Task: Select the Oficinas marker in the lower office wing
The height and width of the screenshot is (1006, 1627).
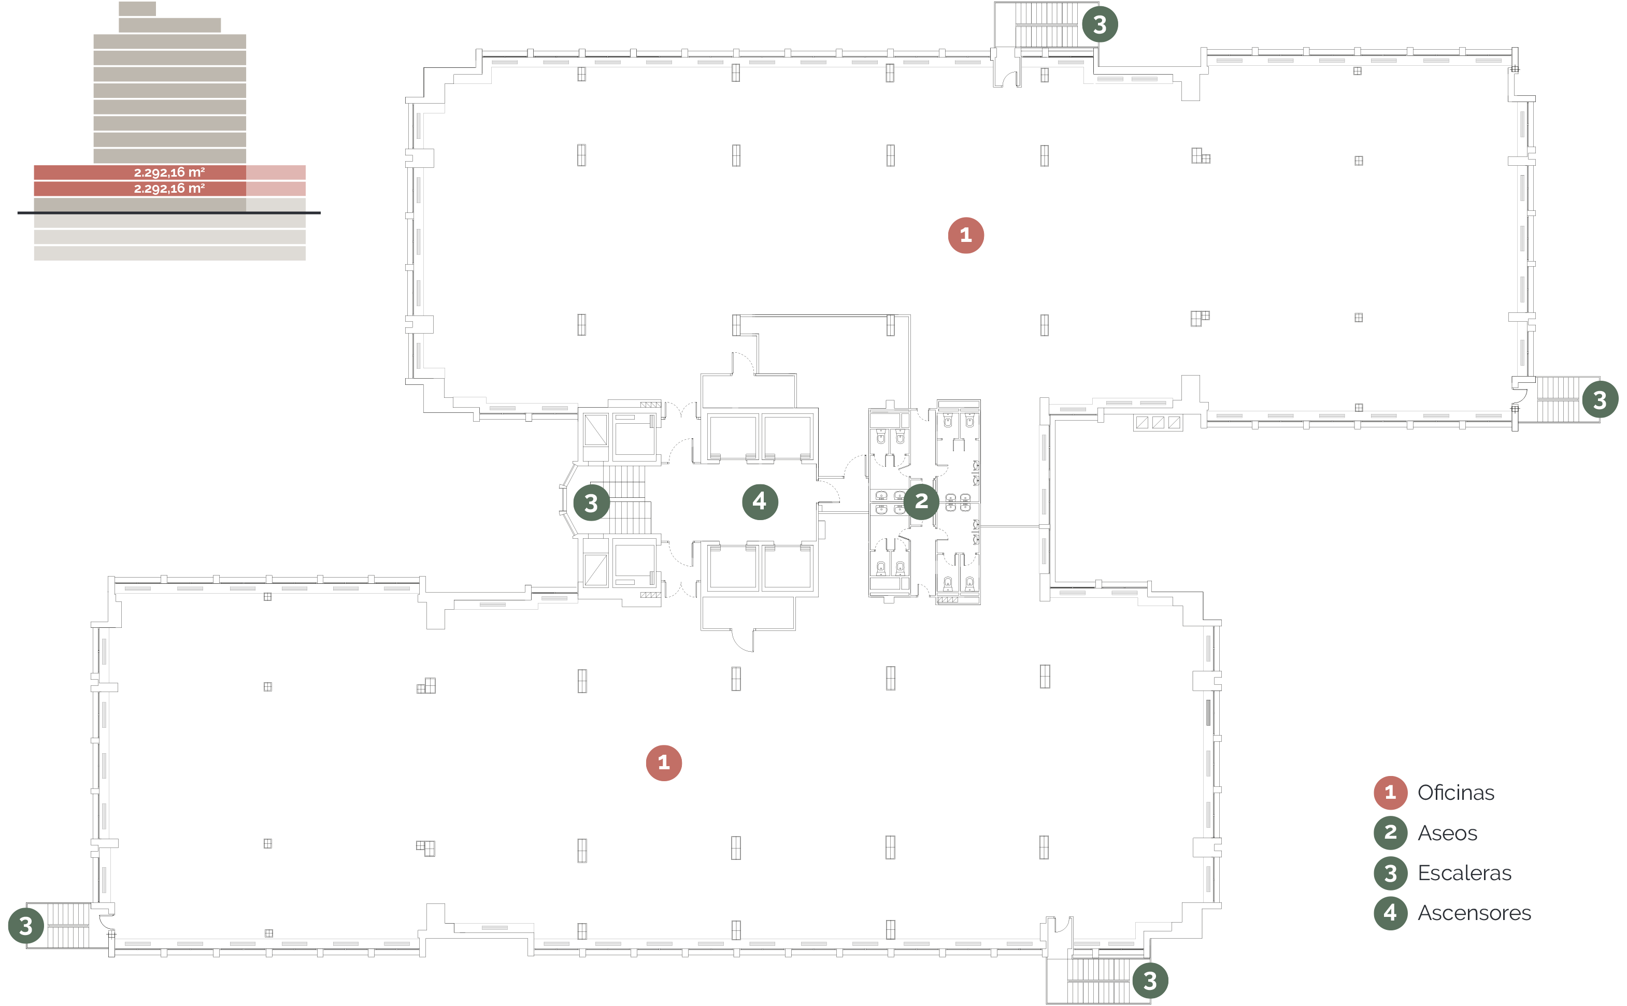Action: tap(663, 763)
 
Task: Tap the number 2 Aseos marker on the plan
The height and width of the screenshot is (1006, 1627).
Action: tap(921, 501)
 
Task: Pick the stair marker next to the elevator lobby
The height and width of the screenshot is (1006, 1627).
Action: tap(591, 503)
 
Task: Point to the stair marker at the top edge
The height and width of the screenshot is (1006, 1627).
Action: tap(1100, 25)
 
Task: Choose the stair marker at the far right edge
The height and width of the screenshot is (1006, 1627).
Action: tap(1600, 400)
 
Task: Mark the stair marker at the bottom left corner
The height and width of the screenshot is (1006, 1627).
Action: tap(26, 926)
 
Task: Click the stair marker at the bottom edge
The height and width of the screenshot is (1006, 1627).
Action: tap(1150, 980)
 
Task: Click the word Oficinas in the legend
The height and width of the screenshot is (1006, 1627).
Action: tap(1455, 793)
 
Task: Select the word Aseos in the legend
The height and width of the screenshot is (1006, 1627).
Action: tap(1447, 833)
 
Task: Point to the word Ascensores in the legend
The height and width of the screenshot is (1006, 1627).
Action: tap(1474, 913)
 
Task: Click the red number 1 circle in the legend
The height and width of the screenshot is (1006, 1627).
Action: tap(1390, 793)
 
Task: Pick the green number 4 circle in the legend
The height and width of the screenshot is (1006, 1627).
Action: tap(1390, 913)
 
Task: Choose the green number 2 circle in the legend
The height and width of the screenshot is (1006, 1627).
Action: tap(1390, 832)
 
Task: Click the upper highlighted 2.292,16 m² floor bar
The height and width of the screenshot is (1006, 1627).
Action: tap(169, 173)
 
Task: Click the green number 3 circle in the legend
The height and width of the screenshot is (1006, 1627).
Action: tap(1390, 873)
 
